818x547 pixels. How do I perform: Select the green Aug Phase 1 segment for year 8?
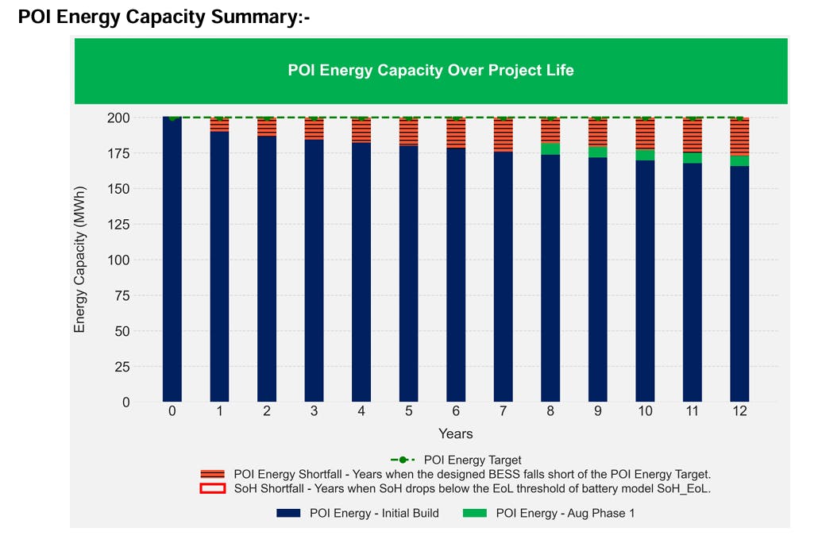point(550,148)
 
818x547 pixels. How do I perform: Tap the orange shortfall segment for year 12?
point(739,137)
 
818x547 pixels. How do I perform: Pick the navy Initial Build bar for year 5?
point(409,273)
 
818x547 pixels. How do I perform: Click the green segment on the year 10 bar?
point(645,155)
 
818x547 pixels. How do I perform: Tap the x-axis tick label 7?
point(503,411)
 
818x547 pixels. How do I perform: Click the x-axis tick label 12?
point(739,411)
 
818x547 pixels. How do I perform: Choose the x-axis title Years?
point(456,433)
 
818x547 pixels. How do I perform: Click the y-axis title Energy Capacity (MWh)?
point(79,260)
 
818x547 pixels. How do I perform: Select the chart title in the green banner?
point(430,71)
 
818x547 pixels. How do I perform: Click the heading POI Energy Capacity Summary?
point(163,17)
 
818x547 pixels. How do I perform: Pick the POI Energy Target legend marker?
point(403,460)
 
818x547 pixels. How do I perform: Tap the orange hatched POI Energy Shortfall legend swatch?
point(213,474)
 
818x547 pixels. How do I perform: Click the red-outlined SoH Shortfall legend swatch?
point(213,489)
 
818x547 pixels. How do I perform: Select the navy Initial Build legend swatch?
point(289,514)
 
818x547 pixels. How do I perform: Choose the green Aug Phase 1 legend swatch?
point(474,514)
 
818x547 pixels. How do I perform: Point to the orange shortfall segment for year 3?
point(314,129)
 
